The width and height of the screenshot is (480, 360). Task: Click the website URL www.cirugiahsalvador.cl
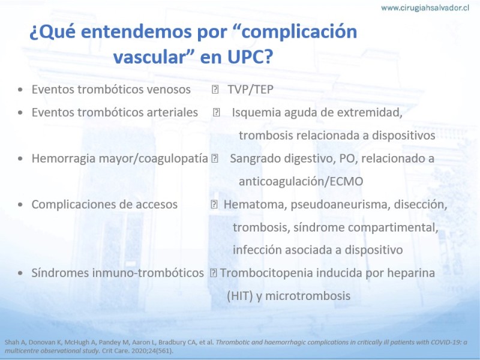point(425,8)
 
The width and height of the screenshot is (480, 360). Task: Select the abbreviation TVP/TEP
point(250,89)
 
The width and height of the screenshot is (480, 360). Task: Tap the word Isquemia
point(256,113)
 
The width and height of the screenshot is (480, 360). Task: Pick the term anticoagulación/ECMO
point(301,181)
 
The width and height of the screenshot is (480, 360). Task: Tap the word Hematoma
point(256,205)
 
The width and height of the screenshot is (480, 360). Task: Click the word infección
point(257,250)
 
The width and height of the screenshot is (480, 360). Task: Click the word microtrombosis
point(308,296)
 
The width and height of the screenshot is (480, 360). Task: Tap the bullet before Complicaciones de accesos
point(20,205)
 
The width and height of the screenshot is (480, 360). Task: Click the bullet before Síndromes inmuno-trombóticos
point(20,273)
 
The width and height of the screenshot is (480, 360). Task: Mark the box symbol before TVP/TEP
point(215,89)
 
